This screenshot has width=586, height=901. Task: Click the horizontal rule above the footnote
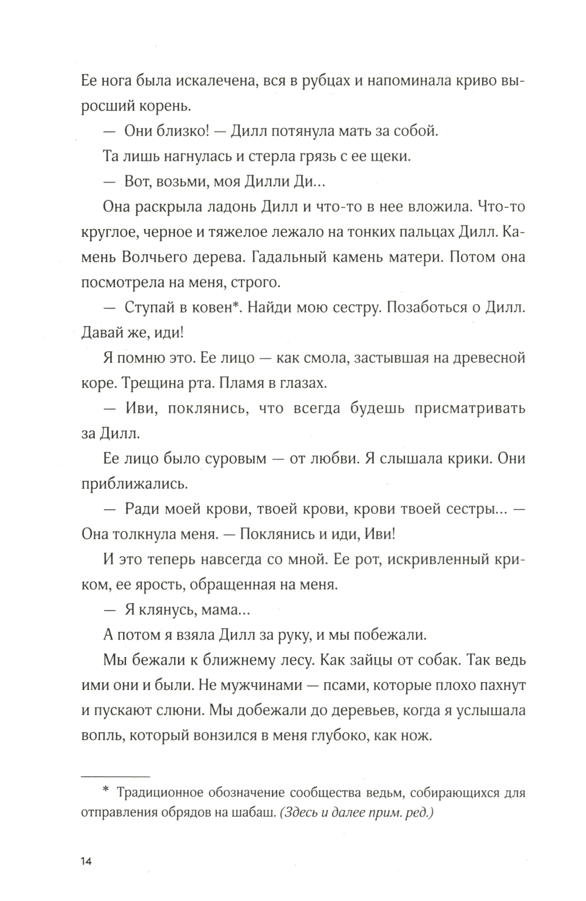coord(115,774)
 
